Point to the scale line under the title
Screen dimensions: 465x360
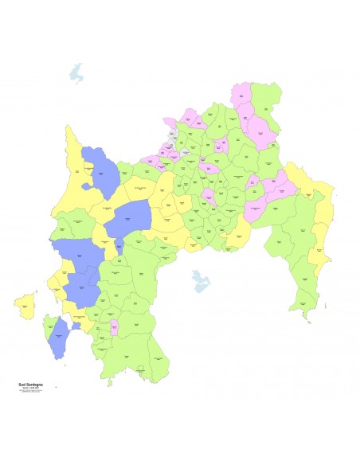click(29, 388)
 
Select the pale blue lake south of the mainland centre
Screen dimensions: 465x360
click(198, 280)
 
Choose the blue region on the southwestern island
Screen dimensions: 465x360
click(57, 341)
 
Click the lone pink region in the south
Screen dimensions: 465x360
click(114, 326)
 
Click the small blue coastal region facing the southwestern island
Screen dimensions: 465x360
click(76, 326)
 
